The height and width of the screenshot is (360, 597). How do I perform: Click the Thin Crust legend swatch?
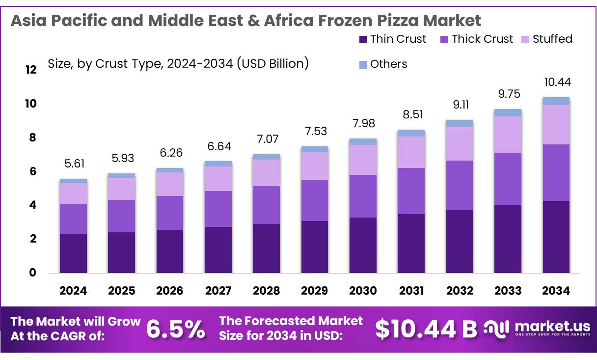(x=363, y=39)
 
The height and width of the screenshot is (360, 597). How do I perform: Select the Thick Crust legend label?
(x=482, y=39)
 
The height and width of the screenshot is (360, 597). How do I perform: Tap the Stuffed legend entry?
(x=552, y=39)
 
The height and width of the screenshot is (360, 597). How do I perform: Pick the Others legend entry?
(x=388, y=64)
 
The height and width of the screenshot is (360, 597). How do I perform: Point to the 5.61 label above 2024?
(x=73, y=164)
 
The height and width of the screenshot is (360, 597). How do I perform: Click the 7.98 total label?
(x=363, y=123)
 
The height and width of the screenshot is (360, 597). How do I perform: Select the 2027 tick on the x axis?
(x=218, y=291)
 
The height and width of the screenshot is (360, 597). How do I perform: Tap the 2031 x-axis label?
(x=411, y=291)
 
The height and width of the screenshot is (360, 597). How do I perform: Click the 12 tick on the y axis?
(x=31, y=70)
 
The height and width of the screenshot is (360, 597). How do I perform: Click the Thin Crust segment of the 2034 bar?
(x=556, y=237)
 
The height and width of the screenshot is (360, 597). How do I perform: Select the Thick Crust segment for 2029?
(x=315, y=200)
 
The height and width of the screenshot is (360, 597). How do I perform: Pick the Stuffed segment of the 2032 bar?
(x=460, y=143)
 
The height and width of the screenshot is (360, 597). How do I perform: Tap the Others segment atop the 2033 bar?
(x=508, y=112)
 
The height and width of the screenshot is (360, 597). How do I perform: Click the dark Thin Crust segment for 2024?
(x=73, y=253)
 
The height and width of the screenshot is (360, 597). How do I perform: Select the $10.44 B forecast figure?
(x=426, y=329)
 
